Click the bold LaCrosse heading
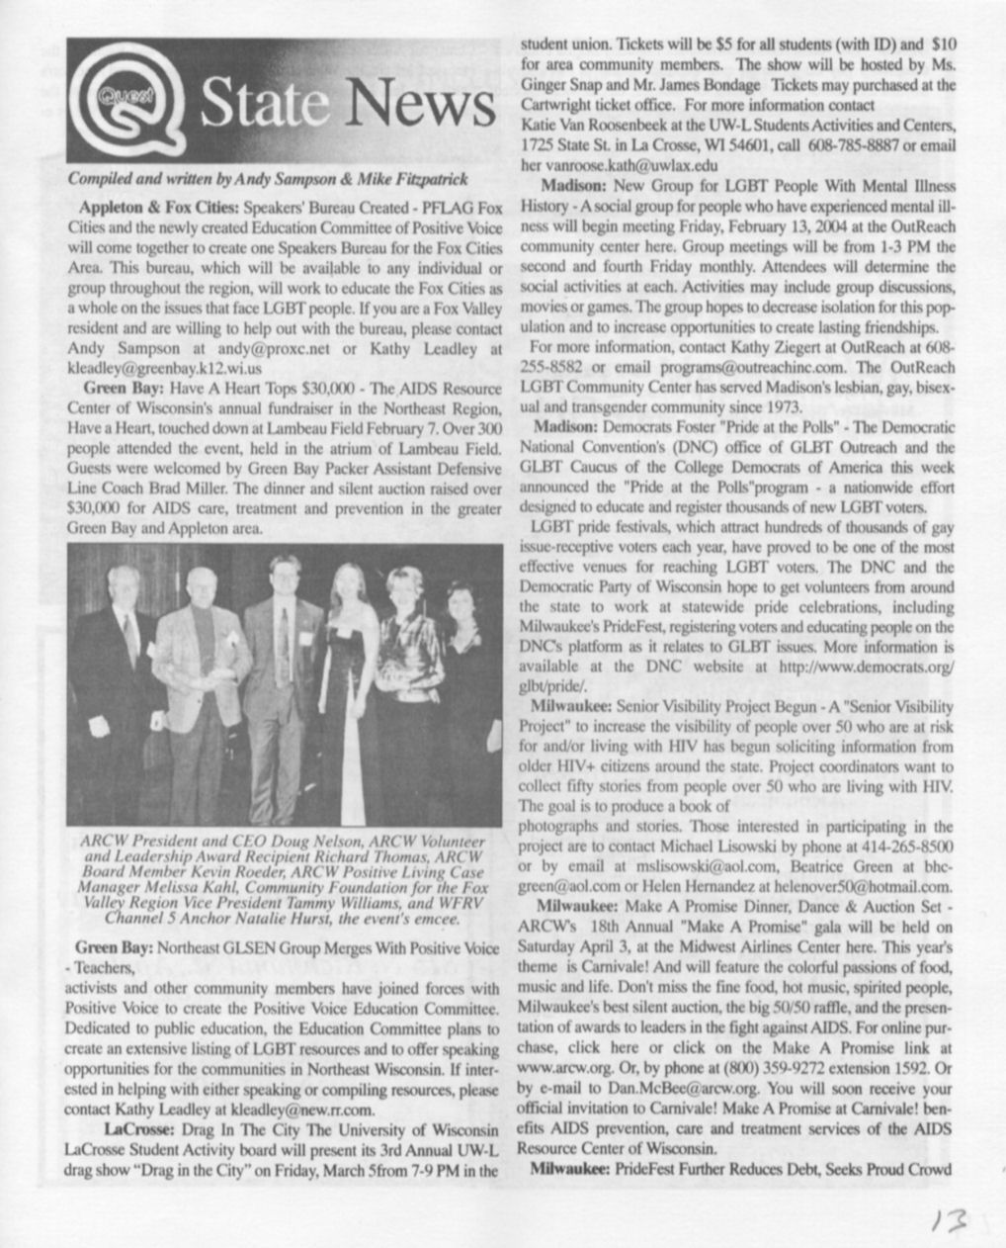(x=139, y=1129)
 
